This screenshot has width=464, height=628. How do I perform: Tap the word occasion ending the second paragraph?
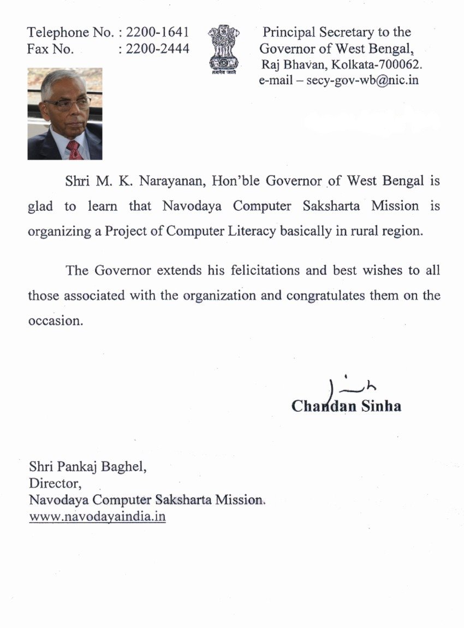click(55, 321)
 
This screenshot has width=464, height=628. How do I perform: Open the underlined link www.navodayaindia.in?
click(97, 516)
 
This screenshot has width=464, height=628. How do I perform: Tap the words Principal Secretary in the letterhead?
click(317, 32)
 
